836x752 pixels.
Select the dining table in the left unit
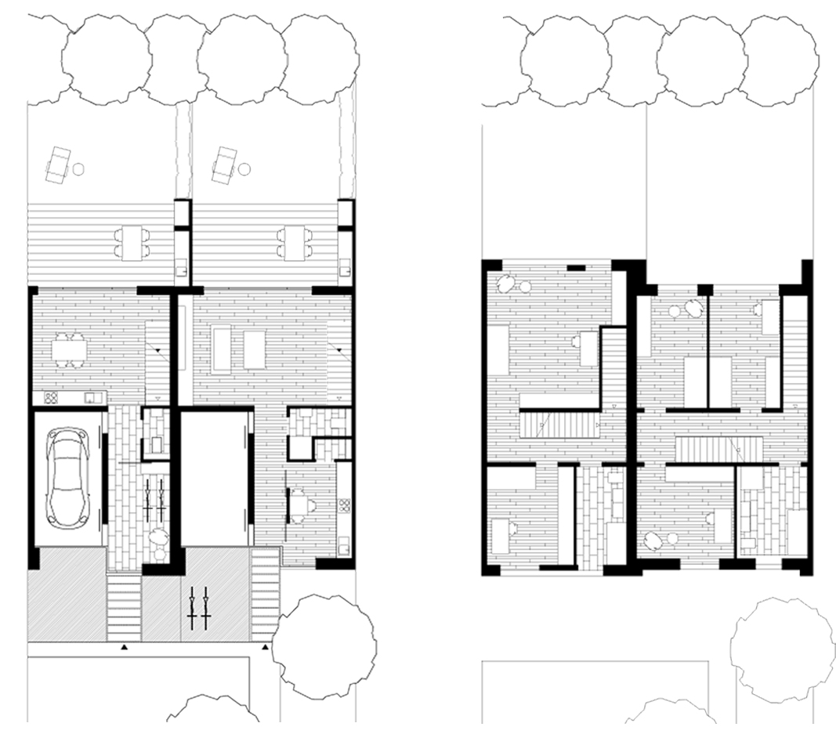click(69, 349)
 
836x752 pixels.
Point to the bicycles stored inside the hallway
click(154, 499)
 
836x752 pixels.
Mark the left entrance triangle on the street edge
click(123, 648)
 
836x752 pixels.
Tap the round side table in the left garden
click(79, 168)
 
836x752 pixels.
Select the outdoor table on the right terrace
click(295, 242)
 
